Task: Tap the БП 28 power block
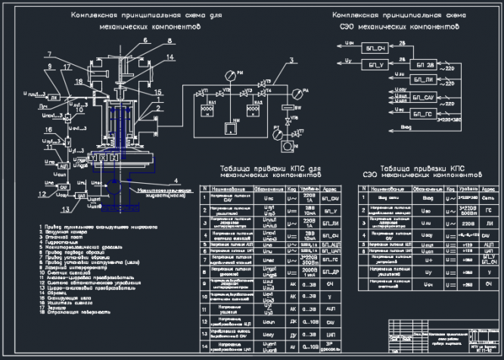click(424, 66)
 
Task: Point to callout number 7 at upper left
click(47, 54)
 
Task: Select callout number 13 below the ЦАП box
click(65, 207)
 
